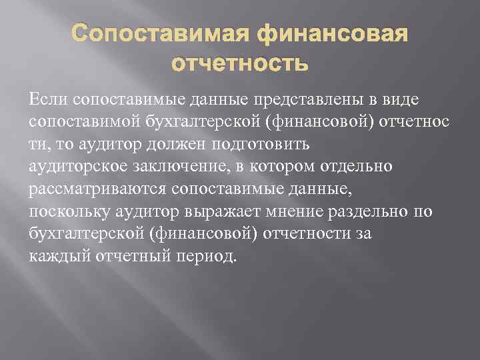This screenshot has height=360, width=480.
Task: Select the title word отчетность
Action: click(240, 64)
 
